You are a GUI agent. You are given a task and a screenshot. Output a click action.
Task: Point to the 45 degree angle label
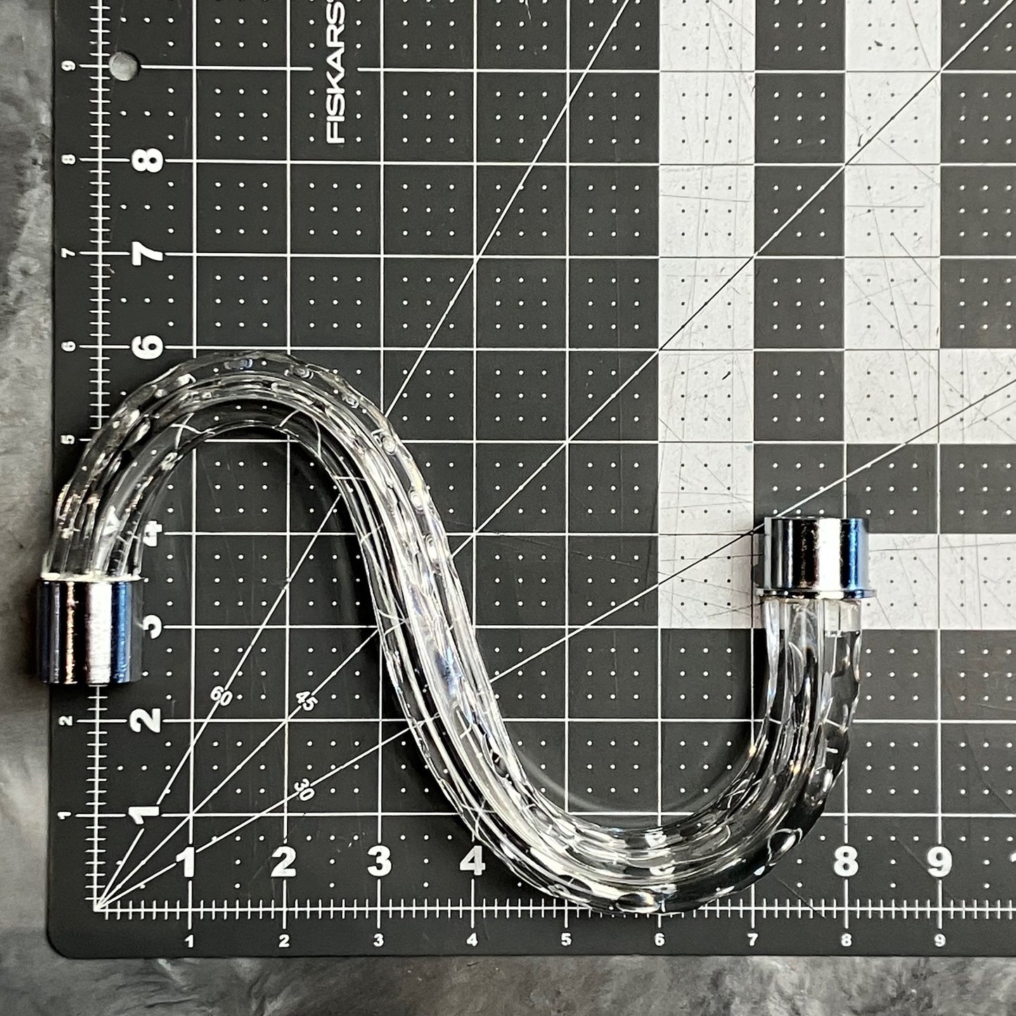tap(307, 700)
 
